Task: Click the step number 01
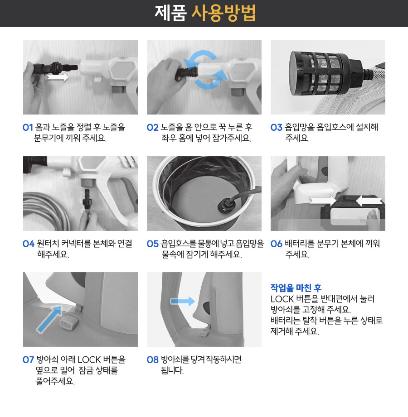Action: click(28, 128)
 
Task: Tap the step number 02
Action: click(152, 128)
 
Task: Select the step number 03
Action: click(276, 128)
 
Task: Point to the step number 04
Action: click(29, 244)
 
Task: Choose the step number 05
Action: click(152, 244)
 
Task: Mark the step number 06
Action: click(276, 244)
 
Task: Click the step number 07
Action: click(29, 359)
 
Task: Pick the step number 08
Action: click(152, 359)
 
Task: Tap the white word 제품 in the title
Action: click(170, 13)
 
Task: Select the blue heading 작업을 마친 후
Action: click(296, 288)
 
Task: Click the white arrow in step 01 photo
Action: click(58, 78)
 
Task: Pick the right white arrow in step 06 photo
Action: click(368, 200)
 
